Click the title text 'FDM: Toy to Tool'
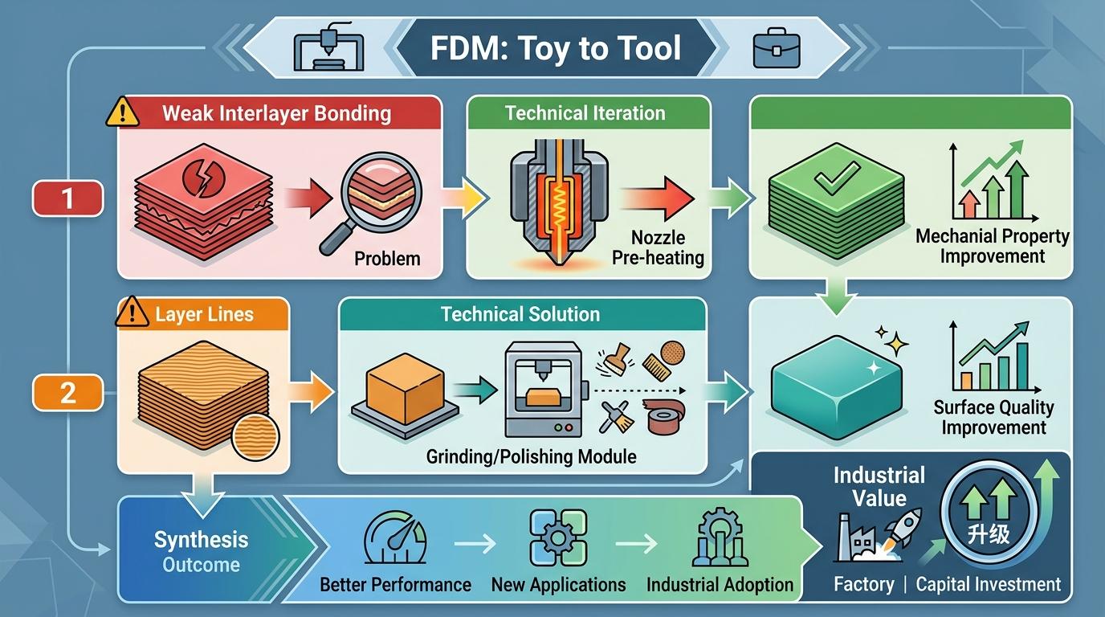coord(556,48)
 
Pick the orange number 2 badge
coord(67,393)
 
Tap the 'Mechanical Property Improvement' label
coord(993,246)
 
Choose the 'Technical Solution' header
coord(520,314)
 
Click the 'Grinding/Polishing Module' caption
coord(532,456)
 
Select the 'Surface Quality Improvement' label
coord(993,417)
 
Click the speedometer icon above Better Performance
coord(394,540)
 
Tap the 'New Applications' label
coord(558,584)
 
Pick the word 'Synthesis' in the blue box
coord(201,540)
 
